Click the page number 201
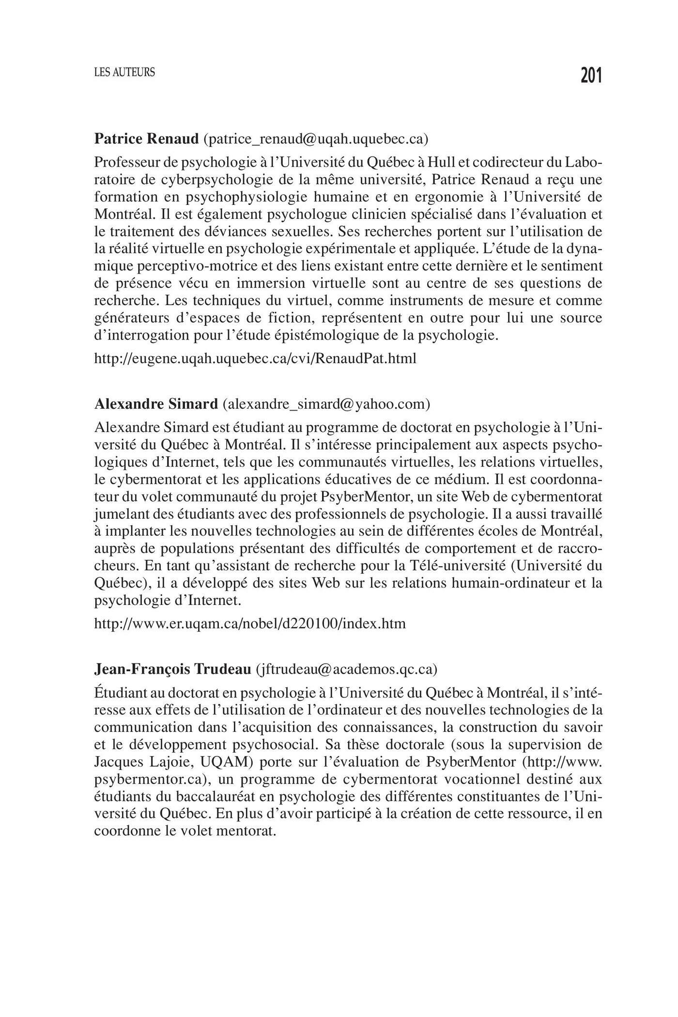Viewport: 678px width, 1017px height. [x=591, y=76]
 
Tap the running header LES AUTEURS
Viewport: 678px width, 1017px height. [x=124, y=73]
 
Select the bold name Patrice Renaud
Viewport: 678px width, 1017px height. [x=146, y=139]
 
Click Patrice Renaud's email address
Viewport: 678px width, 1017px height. [x=316, y=139]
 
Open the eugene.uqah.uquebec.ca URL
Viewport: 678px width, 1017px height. [x=255, y=359]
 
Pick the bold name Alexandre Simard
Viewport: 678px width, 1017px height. [x=156, y=403]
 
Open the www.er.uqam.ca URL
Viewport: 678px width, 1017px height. [x=250, y=623]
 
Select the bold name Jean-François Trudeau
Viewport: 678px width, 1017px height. [x=172, y=669]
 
